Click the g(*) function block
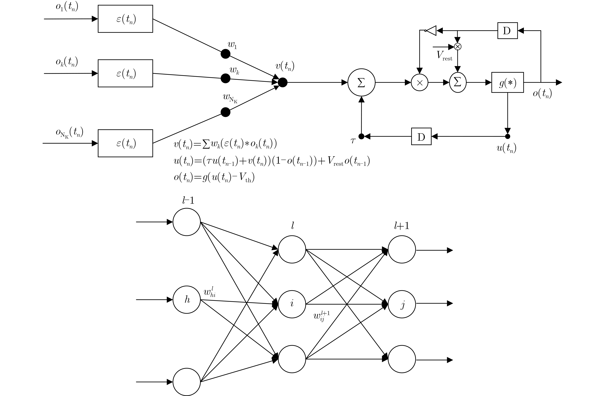coord(507,82)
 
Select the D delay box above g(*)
coord(507,31)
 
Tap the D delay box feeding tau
coord(421,136)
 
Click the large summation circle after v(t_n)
coord(361,82)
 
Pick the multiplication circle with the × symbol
coord(419,82)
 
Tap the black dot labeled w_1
coord(226,54)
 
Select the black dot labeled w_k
coord(226,78)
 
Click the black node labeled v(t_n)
coord(283,82)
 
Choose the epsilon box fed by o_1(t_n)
coord(125,19)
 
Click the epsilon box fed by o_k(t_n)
coord(125,73)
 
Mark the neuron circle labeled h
coord(187,300)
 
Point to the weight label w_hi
coord(210,292)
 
